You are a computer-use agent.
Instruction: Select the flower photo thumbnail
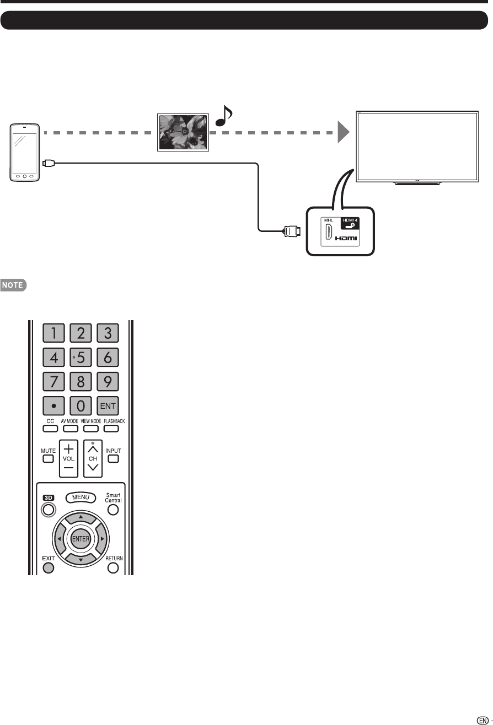(x=183, y=132)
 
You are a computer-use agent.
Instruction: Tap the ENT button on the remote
(x=108, y=406)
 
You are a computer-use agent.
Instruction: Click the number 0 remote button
(x=81, y=406)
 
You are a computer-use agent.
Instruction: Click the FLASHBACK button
(x=113, y=428)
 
